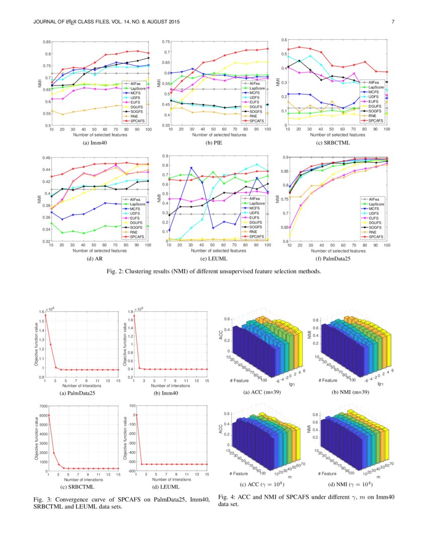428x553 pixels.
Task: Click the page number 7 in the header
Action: (392, 22)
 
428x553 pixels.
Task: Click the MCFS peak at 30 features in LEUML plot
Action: (191, 168)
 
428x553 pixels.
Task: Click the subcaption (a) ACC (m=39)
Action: (260, 393)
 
